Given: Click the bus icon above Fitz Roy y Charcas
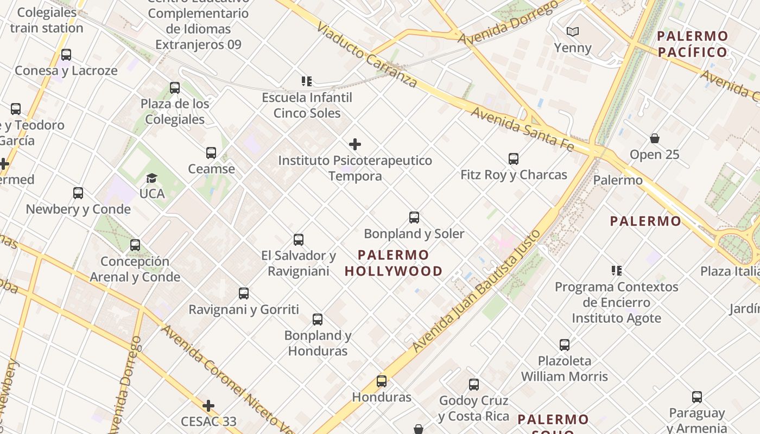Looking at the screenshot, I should pyautogui.click(x=514, y=159).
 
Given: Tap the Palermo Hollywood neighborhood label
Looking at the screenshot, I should pyautogui.click(x=394, y=263).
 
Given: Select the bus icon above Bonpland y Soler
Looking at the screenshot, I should pyautogui.click(x=414, y=218).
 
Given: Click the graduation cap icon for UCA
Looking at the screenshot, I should pyautogui.click(x=151, y=178).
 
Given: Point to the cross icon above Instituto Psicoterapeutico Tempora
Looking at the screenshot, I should pyautogui.click(x=355, y=144).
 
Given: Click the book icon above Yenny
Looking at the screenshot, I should pyautogui.click(x=573, y=32).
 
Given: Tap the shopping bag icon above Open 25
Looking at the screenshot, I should pyautogui.click(x=655, y=138).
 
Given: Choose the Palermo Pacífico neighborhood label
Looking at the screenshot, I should pyautogui.click(x=692, y=44).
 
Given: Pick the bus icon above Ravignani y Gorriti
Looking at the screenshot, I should pyautogui.click(x=244, y=293).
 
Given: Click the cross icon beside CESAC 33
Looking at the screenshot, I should pyautogui.click(x=208, y=406).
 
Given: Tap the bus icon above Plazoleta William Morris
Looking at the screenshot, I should pyautogui.click(x=565, y=344).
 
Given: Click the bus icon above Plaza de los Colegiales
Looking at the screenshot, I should pyautogui.click(x=175, y=88).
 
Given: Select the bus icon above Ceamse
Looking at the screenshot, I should pyautogui.click(x=211, y=153).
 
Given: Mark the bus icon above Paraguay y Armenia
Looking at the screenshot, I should pyautogui.click(x=697, y=397).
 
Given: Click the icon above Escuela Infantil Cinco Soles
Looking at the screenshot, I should pyautogui.click(x=307, y=81).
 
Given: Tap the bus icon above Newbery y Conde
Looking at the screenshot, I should pyautogui.click(x=78, y=193).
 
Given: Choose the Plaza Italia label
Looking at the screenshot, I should pyautogui.click(x=730, y=271).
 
